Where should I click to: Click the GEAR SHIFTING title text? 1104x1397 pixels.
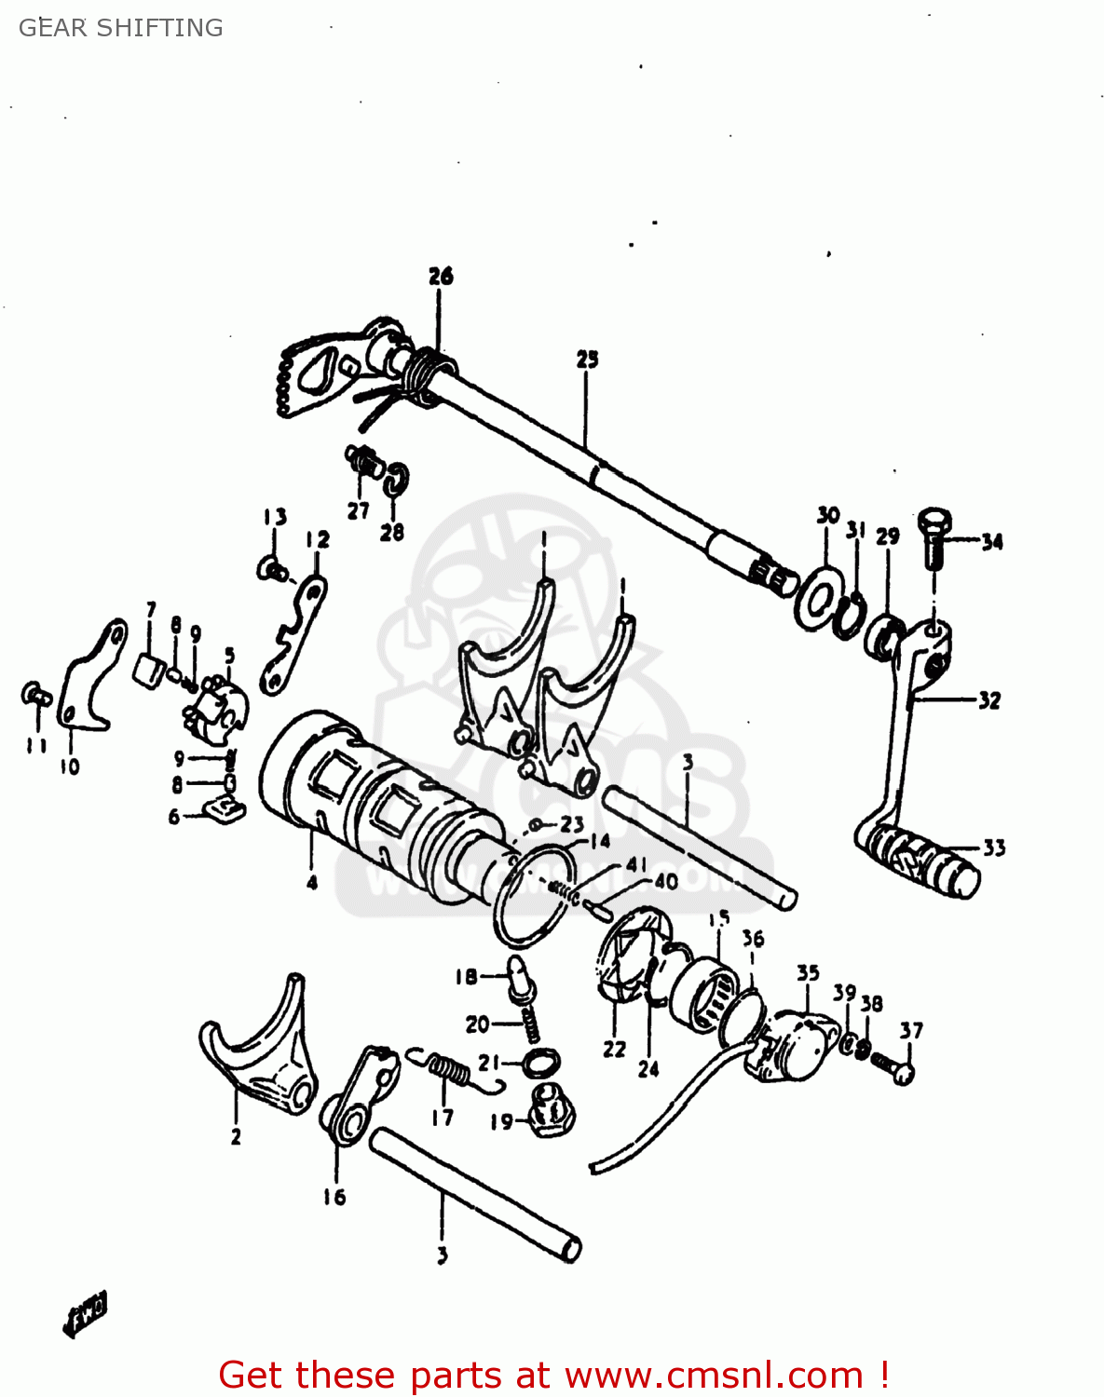pyautogui.click(x=121, y=28)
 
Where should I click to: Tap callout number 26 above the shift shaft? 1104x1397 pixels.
pyautogui.click(x=441, y=276)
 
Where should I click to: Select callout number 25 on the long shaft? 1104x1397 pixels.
pyautogui.click(x=587, y=359)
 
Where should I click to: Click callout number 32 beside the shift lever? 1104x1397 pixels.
pyautogui.click(x=988, y=700)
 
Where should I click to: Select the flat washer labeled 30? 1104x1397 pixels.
pyautogui.click(x=816, y=601)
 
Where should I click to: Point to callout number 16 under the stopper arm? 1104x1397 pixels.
pyautogui.click(x=334, y=1197)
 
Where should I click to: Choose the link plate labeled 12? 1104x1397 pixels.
pyautogui.click(x=293, y=633)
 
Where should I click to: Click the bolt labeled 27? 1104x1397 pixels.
pyautogui.click(x=362, y=461)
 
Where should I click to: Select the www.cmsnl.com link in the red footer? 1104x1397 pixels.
pyautogui.click(x=714, y=1375)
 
